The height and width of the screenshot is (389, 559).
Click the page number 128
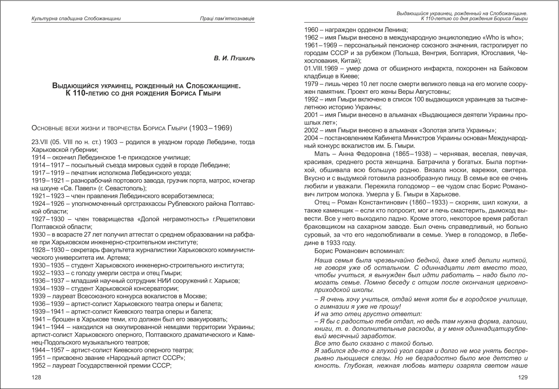pyautogui.click(x=36, y=377)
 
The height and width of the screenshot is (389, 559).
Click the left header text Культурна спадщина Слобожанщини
pyautogui.click(x=76, y=19)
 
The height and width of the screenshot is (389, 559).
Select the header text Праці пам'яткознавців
pyautogui.click(x=227, y=19)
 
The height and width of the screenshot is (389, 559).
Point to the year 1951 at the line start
pyautogui.click(x=39, y=358)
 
